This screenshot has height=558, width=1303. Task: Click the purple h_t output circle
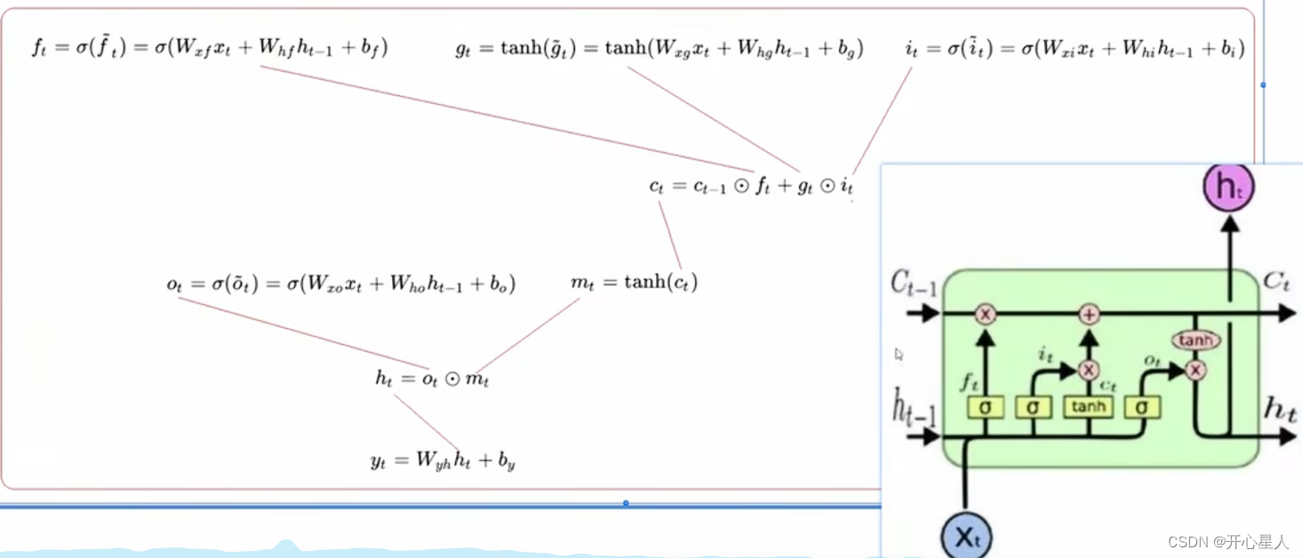pyautogui.click(x=1228, y=187)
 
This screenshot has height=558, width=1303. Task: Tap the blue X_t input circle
pyautogui.click(x=966, y=537)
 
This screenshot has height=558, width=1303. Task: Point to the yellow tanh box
pyautogui.click(x=1089, y=407)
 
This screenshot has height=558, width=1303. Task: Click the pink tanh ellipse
pyautogui.click(x=1195, y=340)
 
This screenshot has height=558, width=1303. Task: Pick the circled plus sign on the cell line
pyautogui.click(x=1090, y=314)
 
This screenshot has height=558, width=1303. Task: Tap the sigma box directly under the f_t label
pyautogui.click(x=985, y=408)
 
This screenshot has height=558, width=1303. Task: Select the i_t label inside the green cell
pyautogui.click(x=1046, y=355)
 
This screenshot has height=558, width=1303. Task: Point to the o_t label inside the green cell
pyautogui.click(x=1153, y=361)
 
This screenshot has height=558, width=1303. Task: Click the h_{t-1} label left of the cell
pyautogui.click(x=914, y=410)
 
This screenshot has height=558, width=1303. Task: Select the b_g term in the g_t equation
pyautogui.click(x=848, y=50)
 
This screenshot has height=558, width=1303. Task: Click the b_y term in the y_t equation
pyautogui.click(x=505, y=461)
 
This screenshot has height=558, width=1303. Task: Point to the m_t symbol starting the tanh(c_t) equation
pyautogui.click(x=581, y=283)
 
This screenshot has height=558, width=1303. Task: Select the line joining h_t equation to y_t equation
pyautogui.click(x=427, y=423)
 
